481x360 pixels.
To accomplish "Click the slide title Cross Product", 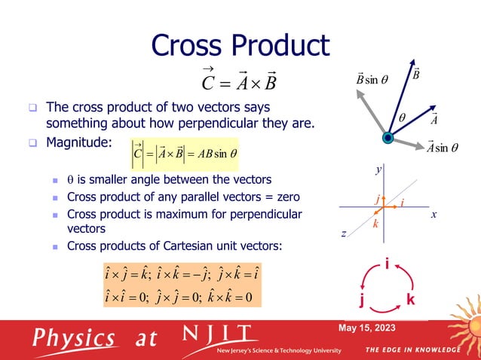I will click(x=240, y=45).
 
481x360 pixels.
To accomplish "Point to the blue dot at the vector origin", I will click(x=388, y=138).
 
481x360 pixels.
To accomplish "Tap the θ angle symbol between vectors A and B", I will click(x=401, y=118).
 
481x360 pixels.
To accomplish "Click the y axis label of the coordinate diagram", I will click(x=378, y=171).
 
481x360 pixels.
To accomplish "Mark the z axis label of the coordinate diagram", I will click(x=343, y=234).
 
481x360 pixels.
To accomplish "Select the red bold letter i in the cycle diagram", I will click(x=387, y=265).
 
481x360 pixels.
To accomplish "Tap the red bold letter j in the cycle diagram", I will click(x=362, y=301).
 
